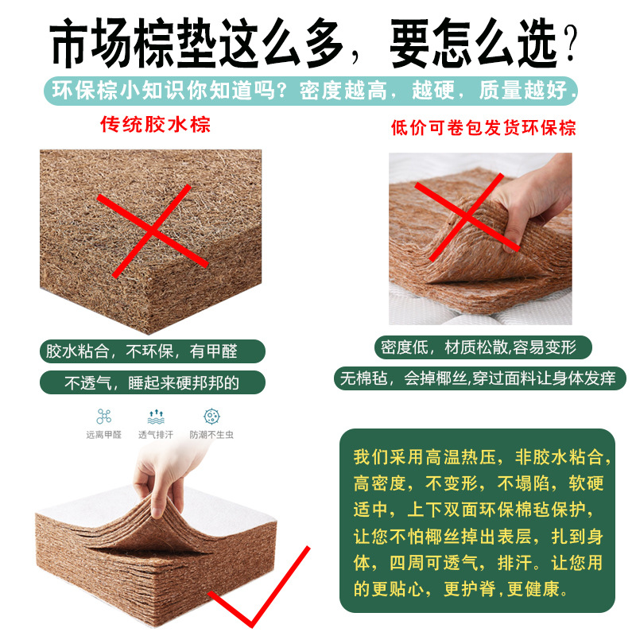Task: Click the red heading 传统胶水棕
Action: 155,124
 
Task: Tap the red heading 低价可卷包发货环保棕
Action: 483,128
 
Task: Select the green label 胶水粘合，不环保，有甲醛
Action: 153,351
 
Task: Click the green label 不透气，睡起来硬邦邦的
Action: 153,382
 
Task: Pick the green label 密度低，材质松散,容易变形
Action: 483,347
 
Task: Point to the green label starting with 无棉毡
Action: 480,378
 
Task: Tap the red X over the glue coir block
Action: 152,231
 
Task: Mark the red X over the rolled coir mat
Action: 467,217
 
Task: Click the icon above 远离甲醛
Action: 104,416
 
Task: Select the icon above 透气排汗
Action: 156,417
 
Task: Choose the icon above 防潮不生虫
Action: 211,416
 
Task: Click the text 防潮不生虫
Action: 211,435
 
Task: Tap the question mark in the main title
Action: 570,43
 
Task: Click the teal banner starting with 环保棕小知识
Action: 311,91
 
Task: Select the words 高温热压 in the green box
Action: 461,457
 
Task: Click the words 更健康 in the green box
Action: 533,589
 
